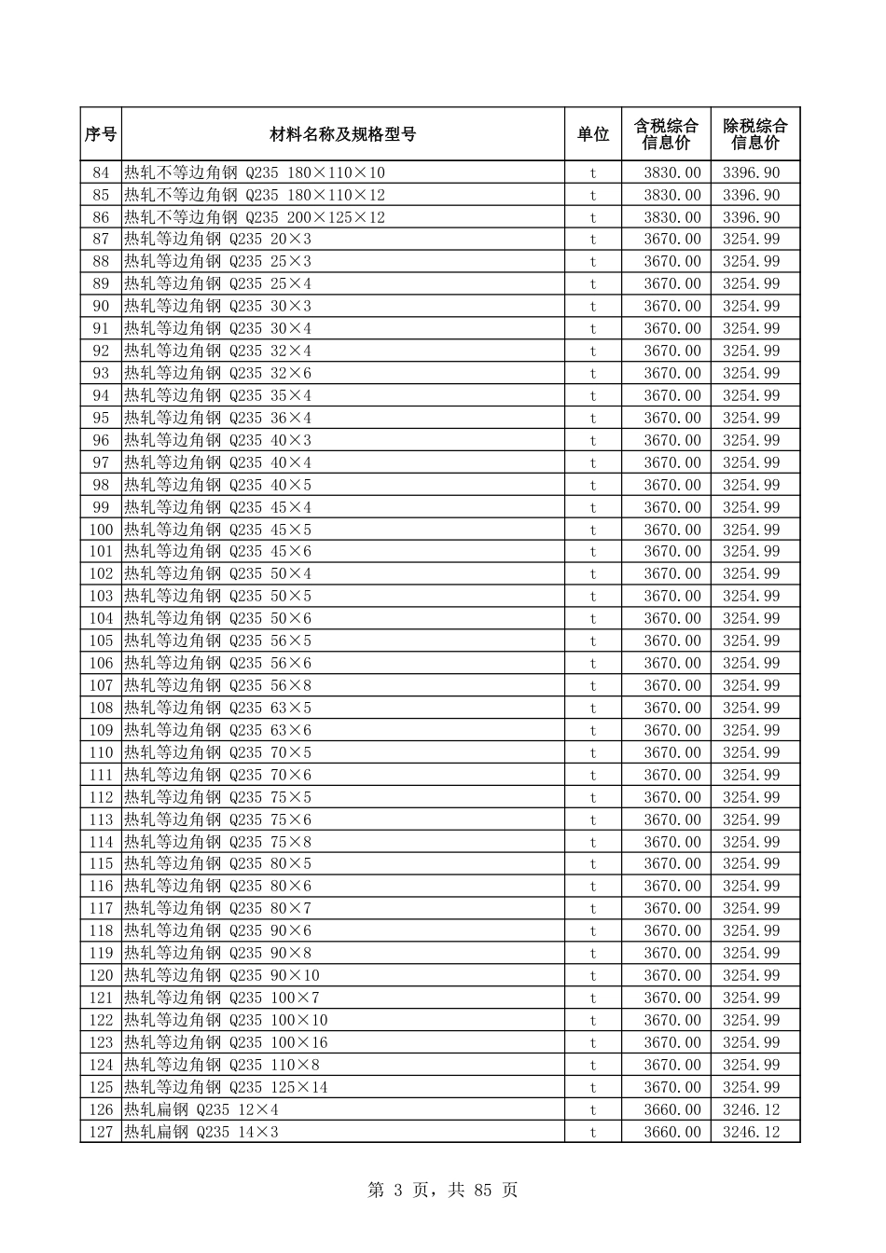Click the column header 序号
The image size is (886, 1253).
101,134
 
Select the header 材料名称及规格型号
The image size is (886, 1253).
342,134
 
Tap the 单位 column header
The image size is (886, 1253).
592,134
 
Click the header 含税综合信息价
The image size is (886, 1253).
665,134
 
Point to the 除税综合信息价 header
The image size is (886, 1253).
754,134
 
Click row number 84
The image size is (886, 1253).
101,172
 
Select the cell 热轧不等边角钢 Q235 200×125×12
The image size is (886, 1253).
255,217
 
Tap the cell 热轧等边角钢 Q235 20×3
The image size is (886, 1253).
218,240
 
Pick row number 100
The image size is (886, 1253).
101,530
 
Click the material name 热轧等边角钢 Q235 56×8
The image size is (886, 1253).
218,685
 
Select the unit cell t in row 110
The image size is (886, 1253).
592,752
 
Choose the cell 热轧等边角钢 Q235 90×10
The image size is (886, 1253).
222,975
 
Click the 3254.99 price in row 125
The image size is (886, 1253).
751,1087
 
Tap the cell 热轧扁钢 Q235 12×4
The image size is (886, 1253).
201,1109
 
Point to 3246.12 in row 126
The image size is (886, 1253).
751,1109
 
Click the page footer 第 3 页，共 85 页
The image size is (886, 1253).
443,1190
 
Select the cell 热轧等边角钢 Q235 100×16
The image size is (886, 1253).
226,1042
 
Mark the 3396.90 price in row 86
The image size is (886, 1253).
751,217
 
